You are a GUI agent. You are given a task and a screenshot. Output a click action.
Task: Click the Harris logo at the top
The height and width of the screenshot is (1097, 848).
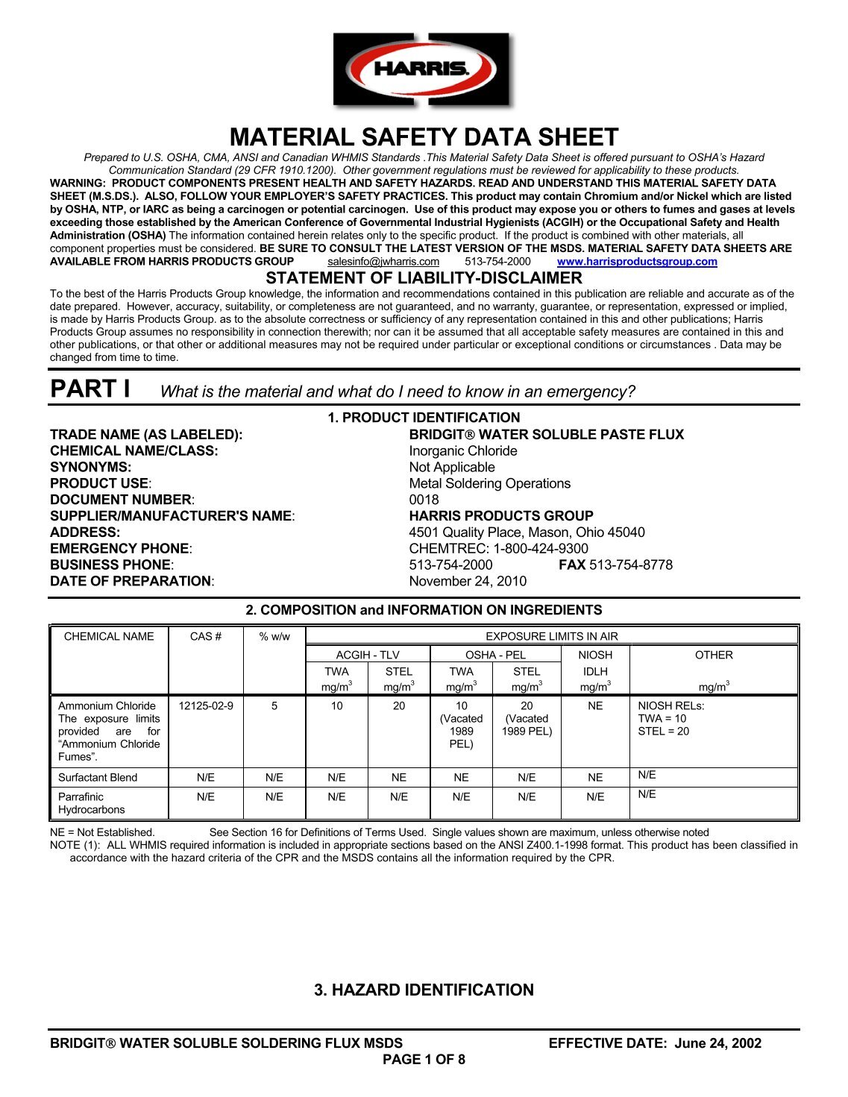pos(422,69)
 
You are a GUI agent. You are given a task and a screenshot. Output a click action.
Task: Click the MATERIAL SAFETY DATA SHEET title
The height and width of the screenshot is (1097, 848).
pos(424,137)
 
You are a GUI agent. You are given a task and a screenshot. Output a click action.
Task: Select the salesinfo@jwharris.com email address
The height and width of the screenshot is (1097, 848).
pos(383,262)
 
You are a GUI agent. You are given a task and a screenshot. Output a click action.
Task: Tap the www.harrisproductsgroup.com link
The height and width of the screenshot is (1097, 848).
pos(637,262)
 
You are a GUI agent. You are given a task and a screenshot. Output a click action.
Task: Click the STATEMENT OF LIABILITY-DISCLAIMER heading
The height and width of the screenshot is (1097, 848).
pos(424,278)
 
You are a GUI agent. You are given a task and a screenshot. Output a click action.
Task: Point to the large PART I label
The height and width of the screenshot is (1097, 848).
pos(90,389)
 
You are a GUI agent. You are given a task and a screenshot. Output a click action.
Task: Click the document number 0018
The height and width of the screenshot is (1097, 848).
pos(424,500)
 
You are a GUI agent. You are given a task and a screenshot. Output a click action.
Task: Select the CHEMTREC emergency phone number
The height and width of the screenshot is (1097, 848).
pos(498,549)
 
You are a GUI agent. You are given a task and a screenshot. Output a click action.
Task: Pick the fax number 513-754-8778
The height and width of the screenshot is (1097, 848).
pos(630,565)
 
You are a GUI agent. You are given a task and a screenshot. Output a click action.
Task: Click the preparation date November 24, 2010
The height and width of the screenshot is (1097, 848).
pos(468,582)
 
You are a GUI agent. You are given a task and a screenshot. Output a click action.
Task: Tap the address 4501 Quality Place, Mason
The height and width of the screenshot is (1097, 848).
pos(527,532)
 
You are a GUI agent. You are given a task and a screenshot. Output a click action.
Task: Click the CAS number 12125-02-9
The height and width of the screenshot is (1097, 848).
pos(206,706)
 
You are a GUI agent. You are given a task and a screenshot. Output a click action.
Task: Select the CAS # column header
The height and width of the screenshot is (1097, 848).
pos(206,637)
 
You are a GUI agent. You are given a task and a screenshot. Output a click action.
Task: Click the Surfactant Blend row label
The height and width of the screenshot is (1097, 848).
pos(98,778)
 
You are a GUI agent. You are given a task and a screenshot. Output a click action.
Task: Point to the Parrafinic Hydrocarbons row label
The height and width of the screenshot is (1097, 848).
pos(91,803)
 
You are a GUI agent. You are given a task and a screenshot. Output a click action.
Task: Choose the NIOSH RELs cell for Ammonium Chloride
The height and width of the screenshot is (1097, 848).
pos(670,719)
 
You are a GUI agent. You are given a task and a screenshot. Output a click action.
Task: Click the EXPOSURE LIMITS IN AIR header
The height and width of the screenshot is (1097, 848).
pos(551,637)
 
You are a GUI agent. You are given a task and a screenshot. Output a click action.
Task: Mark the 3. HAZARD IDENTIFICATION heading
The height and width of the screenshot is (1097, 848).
pos(424,990)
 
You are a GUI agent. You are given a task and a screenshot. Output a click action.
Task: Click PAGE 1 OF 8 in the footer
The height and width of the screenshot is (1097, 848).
pos(424,1060)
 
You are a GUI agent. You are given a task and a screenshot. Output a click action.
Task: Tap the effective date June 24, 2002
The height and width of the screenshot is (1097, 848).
pos(717,1043)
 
